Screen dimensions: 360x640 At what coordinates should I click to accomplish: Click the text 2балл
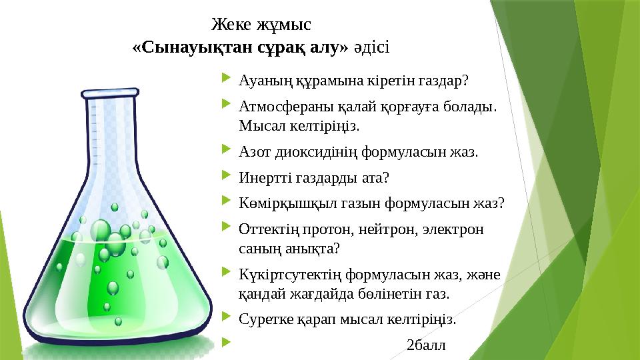tap(427, 345)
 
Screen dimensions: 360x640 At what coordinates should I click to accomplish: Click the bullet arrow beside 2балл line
tap(227, 344)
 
